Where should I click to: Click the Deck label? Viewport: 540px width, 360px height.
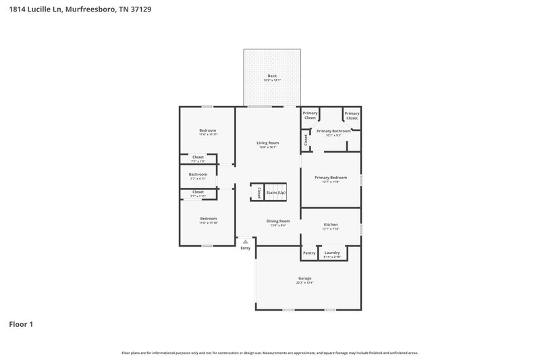click(272, 76)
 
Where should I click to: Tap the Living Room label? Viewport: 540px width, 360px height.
click(267, 143)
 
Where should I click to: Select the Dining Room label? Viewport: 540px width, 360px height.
click(278, 221)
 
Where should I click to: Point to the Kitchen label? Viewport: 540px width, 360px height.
click(331, 224)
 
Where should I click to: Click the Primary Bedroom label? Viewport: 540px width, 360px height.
click(331, 178)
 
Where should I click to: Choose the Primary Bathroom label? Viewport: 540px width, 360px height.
click(333, 130)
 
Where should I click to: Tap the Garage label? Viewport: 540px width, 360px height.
click(304, 278)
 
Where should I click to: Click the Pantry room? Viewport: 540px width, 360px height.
click(309, 253)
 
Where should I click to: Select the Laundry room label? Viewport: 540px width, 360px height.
click(332, 253)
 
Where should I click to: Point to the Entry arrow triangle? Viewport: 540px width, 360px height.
click(245, 241)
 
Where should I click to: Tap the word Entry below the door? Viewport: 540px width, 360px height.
click(245, 248)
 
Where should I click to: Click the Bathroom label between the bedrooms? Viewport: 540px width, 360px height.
click(198, 174)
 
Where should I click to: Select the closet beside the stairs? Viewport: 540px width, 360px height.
click(259, 192)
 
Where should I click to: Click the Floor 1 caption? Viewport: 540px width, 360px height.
click(21, 324)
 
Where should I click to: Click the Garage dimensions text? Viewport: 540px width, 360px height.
click(304, 282)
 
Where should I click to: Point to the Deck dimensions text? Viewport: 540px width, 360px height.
click(272, 80)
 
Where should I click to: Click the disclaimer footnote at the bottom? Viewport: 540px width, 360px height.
click(269, 353)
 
